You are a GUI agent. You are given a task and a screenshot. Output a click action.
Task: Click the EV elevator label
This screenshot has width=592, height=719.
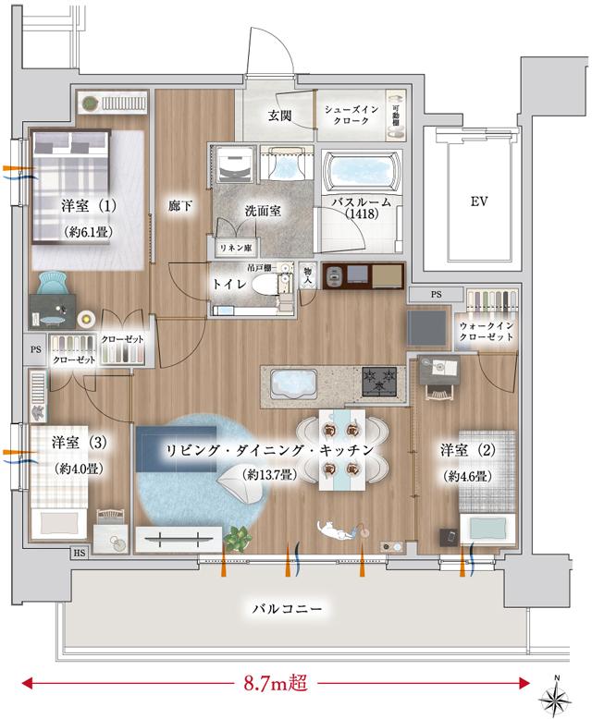(478, 201)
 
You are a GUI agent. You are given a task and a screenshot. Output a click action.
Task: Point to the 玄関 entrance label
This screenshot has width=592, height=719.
(280, 116)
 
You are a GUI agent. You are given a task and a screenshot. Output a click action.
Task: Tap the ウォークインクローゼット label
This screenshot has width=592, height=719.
(485, 334)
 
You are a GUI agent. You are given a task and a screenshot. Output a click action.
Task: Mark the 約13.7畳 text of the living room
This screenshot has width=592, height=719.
(268, 474)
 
